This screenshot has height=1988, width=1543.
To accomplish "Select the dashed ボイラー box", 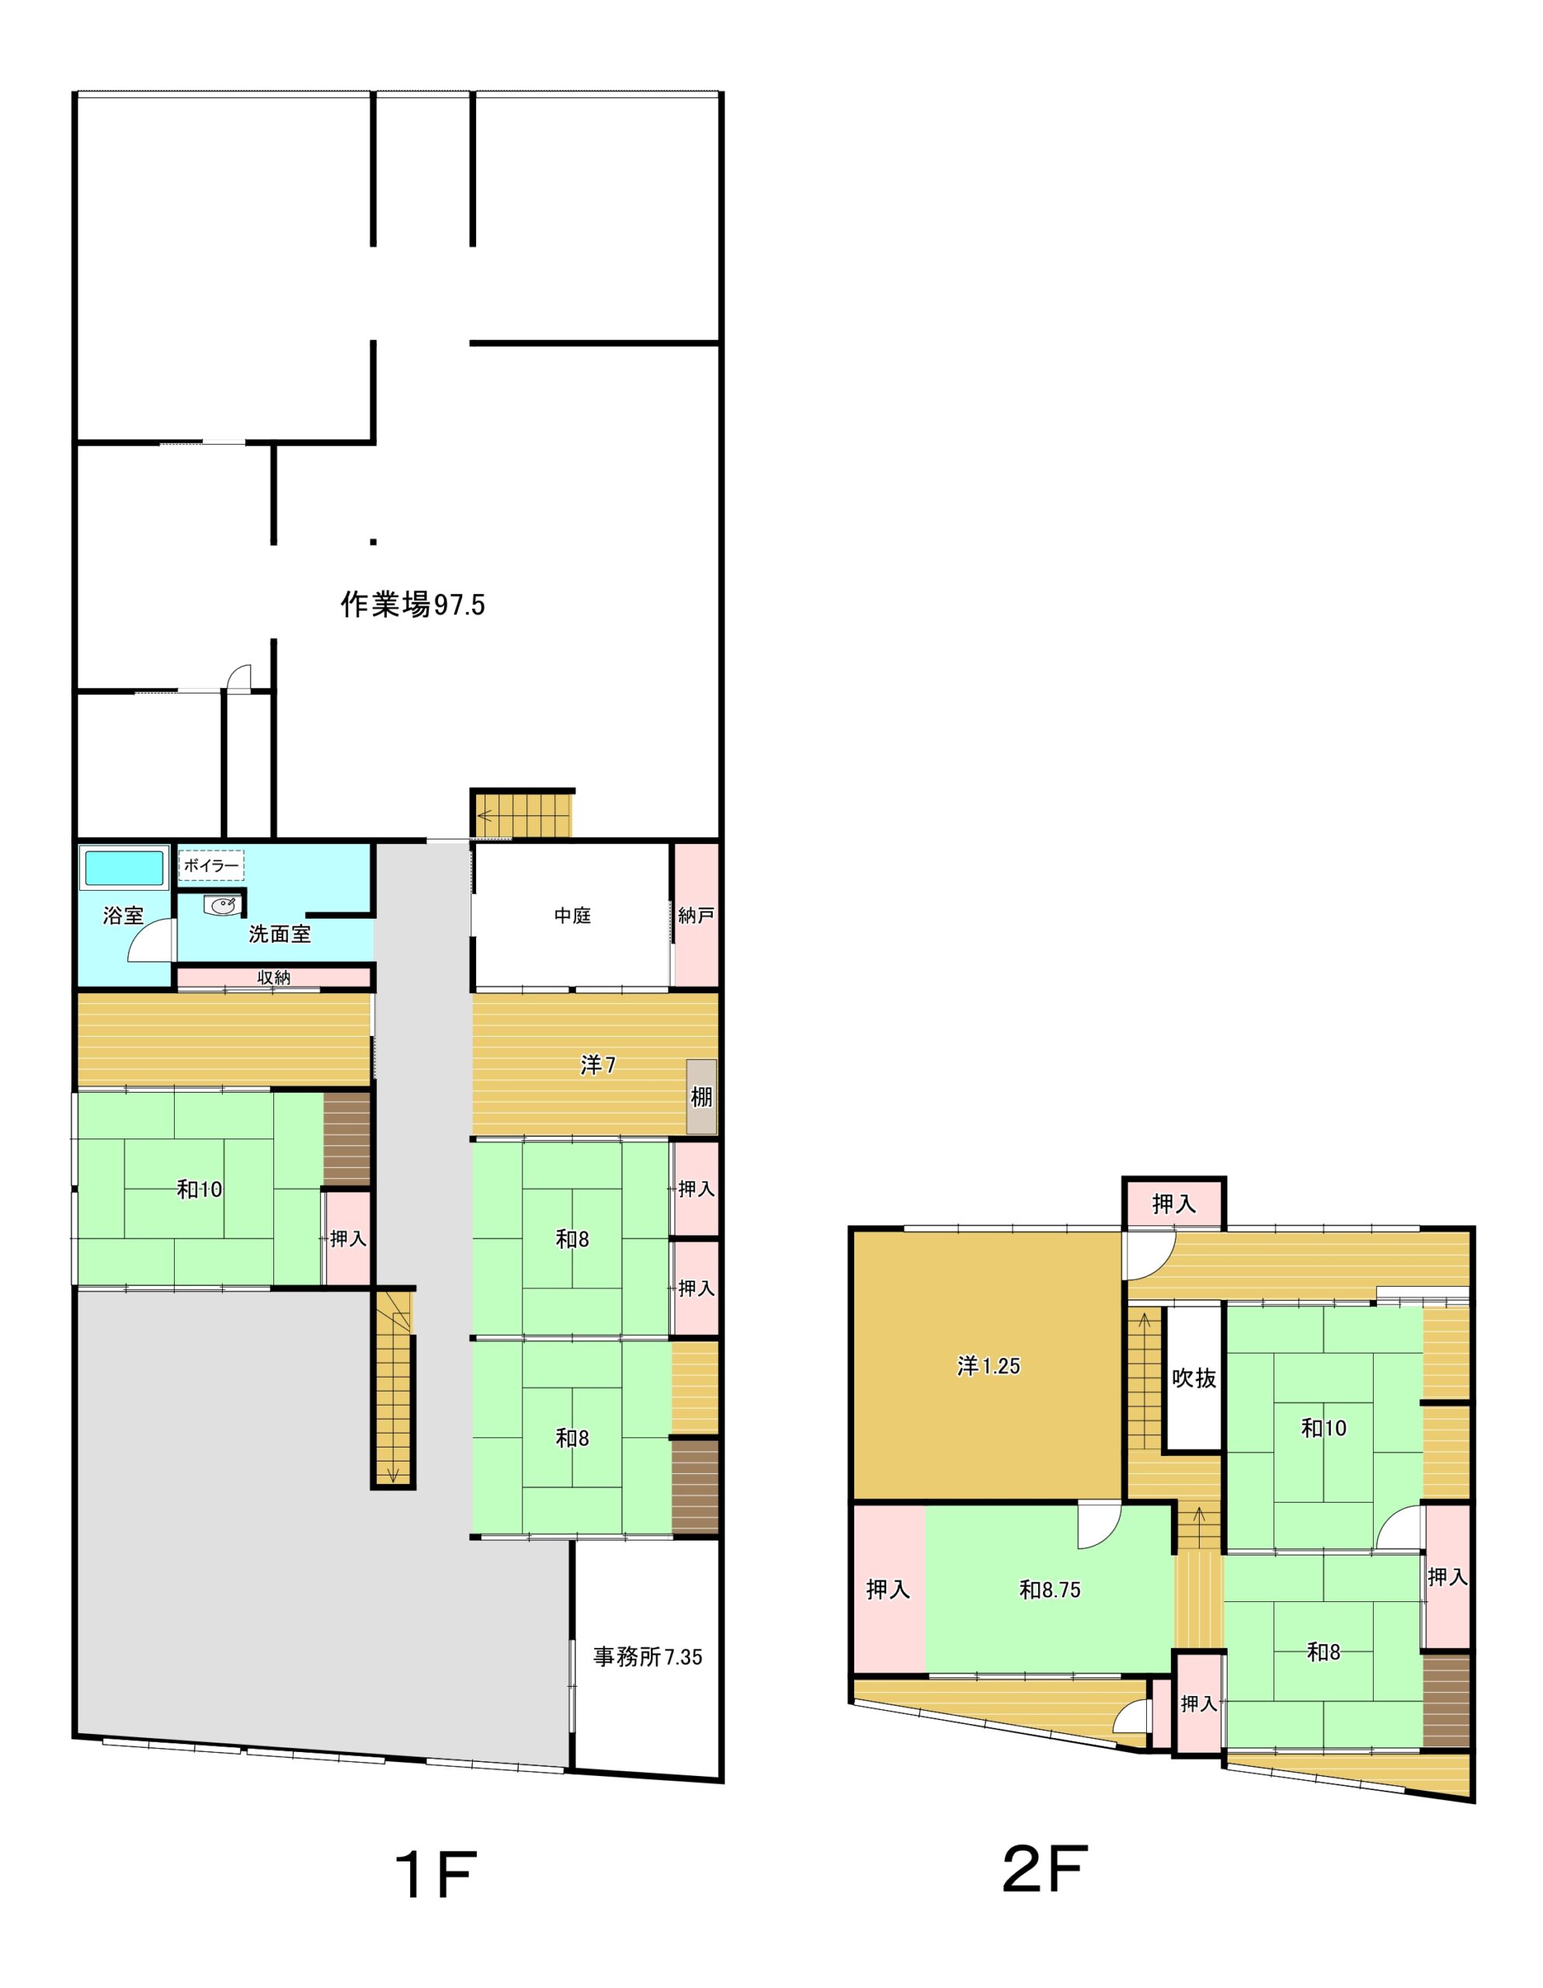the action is point(211,866).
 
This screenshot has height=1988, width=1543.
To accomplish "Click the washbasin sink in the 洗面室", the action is point(223,905).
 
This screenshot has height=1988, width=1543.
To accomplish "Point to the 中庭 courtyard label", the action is point(572,916).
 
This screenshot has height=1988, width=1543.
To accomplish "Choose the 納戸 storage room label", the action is point(696,916).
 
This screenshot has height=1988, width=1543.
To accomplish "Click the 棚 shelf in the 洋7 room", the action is point(701,1096).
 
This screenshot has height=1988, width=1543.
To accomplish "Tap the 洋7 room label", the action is point(598,1065).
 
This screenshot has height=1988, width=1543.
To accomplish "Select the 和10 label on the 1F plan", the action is point(200,1189).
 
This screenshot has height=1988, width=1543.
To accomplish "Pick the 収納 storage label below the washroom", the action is point(273,978).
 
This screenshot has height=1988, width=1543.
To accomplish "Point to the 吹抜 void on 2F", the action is point(1194,1378).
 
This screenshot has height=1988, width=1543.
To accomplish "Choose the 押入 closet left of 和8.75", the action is point(888,1590).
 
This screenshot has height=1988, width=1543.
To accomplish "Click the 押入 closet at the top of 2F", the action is point(1174,1204).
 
